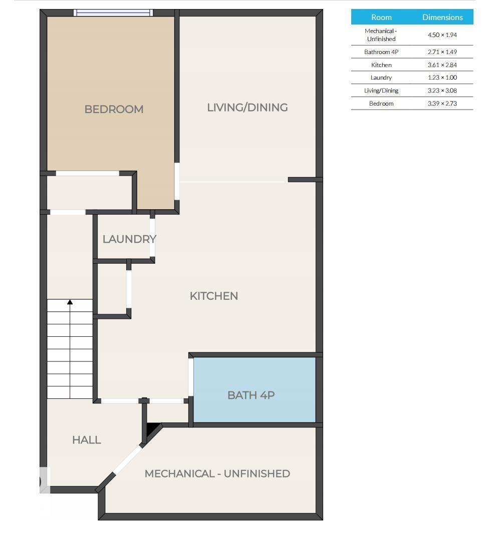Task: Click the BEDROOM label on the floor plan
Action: click(114, 109)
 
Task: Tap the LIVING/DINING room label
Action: click(247, 107)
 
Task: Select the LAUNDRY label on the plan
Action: click(129, 239)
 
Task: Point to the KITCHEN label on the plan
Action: click(214, 296)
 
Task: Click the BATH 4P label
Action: click(251, 395)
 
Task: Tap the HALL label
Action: click(87, 440)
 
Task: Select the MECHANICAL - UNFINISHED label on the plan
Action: click(217, 473)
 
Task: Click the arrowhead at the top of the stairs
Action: click(70, 302)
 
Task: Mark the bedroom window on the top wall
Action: click(113, 13)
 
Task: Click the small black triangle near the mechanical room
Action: click(152, 428)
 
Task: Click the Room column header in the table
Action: click(381, 17)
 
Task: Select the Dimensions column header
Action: click(442, 17)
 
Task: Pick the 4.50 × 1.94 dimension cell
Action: click(442, 35)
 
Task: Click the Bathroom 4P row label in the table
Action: click(381, 52)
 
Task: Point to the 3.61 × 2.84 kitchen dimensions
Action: click(442, 65)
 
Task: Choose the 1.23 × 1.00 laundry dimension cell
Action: click(442, 78)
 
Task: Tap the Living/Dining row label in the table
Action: click(381, 91)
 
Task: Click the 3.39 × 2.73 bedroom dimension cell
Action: click(442, 104)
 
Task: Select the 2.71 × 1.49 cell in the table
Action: click(442, 52)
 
